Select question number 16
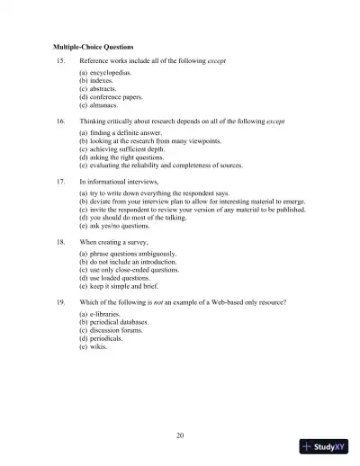[x=60, y=120]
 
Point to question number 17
[x=60, y=181]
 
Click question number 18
[x=60, y=242]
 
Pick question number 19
[x=60, y=303]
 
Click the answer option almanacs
[x=98, y=104]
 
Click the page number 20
[x=180, y=435]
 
